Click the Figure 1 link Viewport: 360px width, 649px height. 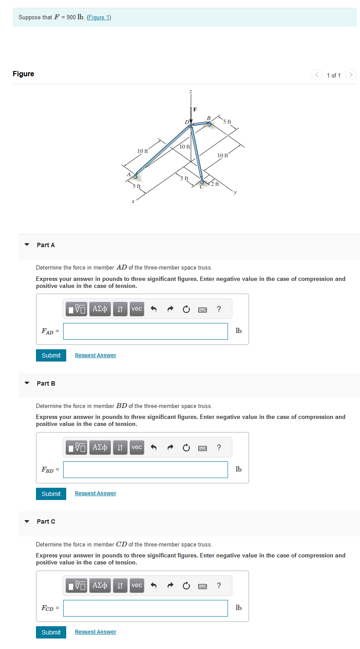99,18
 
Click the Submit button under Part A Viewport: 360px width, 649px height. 51,355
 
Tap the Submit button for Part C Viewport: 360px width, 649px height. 51,632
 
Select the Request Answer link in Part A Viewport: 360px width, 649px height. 96,355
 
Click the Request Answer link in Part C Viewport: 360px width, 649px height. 96,632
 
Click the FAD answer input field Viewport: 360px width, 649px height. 145,331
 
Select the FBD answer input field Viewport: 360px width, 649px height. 145,470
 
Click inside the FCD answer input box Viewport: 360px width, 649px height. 145,608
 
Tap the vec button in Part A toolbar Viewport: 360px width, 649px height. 137,309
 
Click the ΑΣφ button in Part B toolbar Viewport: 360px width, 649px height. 101,447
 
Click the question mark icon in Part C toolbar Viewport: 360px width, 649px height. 219,586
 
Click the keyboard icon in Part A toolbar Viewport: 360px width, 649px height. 203,309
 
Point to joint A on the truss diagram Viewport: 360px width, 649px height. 135,176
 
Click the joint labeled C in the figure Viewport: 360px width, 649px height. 203,181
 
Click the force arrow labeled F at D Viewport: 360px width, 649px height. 191,117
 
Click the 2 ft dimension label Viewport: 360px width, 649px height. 214,184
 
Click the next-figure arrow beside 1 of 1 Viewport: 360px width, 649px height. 350,75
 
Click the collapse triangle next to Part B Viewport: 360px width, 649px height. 27,383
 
